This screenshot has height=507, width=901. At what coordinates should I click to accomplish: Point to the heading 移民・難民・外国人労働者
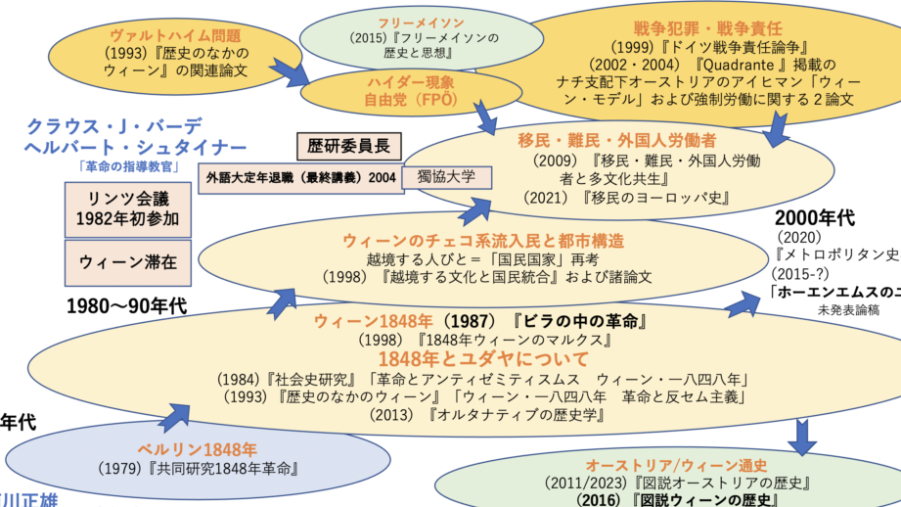pyautogui.click(x=617, y=139)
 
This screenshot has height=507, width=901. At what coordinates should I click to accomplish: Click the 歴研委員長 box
pyautogui.click(x=348, y=147)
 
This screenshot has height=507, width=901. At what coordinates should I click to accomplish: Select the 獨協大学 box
pyautogui.click(x=447, y=177)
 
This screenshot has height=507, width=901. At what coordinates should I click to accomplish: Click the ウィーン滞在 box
pyautogui.click(x=112, y=261)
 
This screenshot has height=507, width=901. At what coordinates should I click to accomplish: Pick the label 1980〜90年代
pyautogui.click(x=127, y=305)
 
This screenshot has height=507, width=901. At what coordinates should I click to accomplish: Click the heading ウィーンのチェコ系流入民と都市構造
pyautogui.click(x=483, y=240)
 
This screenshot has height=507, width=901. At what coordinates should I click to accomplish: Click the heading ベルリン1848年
pyautogui.click(x=197, y=449)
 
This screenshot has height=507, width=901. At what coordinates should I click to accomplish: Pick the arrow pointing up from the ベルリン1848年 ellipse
pyautogui.click(x=175, y=416)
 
